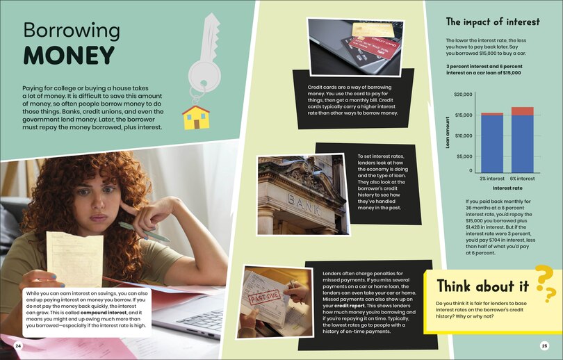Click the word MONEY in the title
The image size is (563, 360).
tap(69, 56)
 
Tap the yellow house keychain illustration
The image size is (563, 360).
tap(196, 117)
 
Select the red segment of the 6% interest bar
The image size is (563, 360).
tap(523, 111)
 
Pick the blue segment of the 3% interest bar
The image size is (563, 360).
tap(492, 144)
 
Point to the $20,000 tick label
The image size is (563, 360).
tap(463, 95)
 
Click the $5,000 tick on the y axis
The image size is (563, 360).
tap(464, 156)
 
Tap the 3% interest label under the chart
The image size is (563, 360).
tap(492, 179)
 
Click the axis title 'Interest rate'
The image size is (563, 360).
tap(507, 188)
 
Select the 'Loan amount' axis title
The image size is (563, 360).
tap(448, 133)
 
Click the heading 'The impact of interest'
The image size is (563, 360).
tap(493, 22)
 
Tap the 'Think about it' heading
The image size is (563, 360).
tap(482, 286)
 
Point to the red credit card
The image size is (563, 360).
tap(370, 47)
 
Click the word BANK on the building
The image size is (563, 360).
tap(304, 204)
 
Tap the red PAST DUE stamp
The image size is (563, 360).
tap(265, 297)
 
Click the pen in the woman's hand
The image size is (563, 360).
tap(144, 231)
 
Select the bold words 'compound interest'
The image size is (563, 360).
tap(104, 313)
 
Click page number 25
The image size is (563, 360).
tap(544, 346)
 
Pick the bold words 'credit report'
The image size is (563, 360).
tap(350, 306)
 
